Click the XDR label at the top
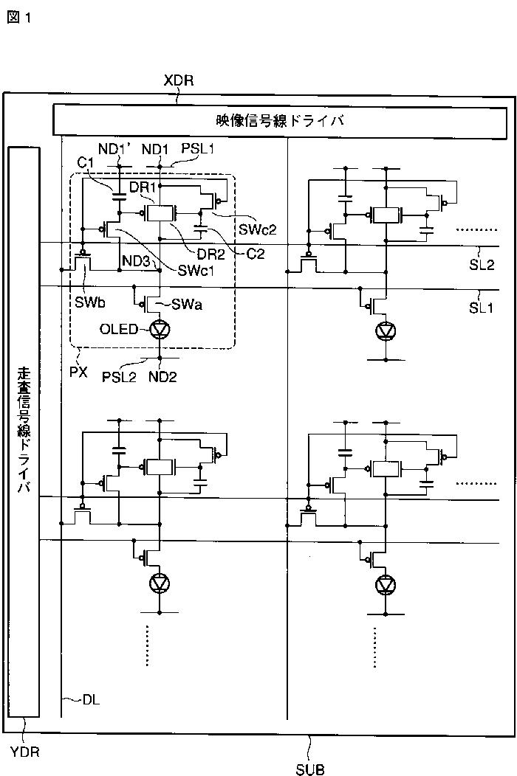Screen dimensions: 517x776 pyautogui.click(x=179, y=80)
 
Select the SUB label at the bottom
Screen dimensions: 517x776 pyautogui.click(x=309, y=769)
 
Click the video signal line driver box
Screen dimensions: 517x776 pyautogui.click(x=280, y=121)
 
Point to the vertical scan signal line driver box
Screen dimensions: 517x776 pyautogui.click(x=24, y=432)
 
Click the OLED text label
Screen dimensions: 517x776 pyautogui.click(x=119, y=329)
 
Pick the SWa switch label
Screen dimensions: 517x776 pyautogui.click(x=187, y=305)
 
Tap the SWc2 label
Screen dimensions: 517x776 pyautogui.click(x=257, y=229)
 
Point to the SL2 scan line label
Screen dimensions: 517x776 pyautogui.click(x=482, y=266)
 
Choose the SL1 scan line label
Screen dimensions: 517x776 pyautogui.click(x=482, y=308)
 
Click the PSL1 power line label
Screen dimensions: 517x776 pyautogui.click(x=198, y=148)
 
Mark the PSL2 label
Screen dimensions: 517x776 pyautogui.click(x=119, y=377)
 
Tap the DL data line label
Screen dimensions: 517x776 pyautogui.click(x=91, y=700)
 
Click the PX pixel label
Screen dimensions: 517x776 pyautogui.click(x=79, y=372)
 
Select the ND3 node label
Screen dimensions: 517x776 pyautogui.click(x=136, y=261)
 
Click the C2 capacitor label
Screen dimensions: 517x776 pyautogui.click(x=256, y=254)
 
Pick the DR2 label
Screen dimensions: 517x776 pyautogui.click(x=211, y=254)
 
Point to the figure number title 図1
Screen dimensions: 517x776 pyautogui.click(x=19, y=18)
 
